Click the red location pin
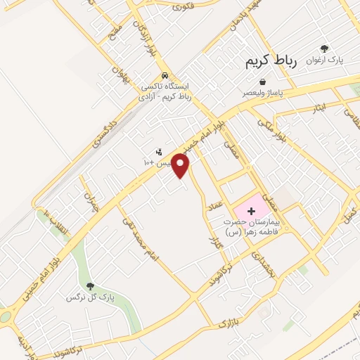pyautogui.click(x=181, y=165)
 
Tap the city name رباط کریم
pyautogui.click(x=272, y=62)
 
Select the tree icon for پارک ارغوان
pyautogui.click(x=324, y=49)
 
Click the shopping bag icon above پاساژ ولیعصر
pyautogui.click(x=262, y=82)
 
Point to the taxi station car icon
pyautogui.click(x=165, y=75)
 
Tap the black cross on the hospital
pyautogui.click(x=251, y=211)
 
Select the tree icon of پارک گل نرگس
pyautogui.click(x=90, y=285)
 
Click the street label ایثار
pyautogui.click(x=320, y=108)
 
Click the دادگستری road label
pyautogui.click(x=104, y=131)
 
